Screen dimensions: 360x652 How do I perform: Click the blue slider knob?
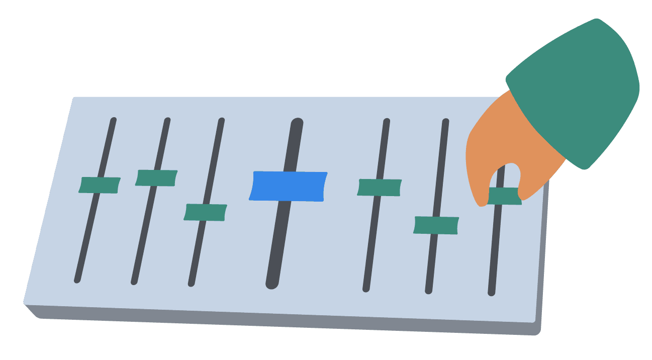pyautogui.click(x=288, y=186)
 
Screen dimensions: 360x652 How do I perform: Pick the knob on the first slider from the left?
pyautogui.click(x=100, y=185)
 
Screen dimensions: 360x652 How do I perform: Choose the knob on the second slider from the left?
pyautogui.click(x=156, y=178)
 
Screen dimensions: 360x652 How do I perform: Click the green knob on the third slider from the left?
pyautogui.click(x=205, y=212)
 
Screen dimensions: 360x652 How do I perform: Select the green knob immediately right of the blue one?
pyautogui.click(x=380, y=188)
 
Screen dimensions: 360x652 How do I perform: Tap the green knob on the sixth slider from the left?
pyautogui.click(x=436, y=225)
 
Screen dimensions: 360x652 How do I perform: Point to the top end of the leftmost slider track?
pyautogui.click(x=114, y=120)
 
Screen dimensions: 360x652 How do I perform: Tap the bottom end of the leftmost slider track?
pyautogui.click(x=77, y=280)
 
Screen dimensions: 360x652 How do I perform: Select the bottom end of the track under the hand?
pyautogui.click(x=492, y=292)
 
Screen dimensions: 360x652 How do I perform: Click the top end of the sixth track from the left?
pyautogui.click(x=445, y=122)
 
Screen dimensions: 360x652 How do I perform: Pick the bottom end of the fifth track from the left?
pyautogui.click(x=366, y=289)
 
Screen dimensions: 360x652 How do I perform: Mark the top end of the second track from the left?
pyautogui.click(x=167, y=120)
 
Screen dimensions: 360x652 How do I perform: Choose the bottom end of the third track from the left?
pyautogui.click(x=191, y=283)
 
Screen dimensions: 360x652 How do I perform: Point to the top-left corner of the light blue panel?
pyautogui.click(x=74, y=98)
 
